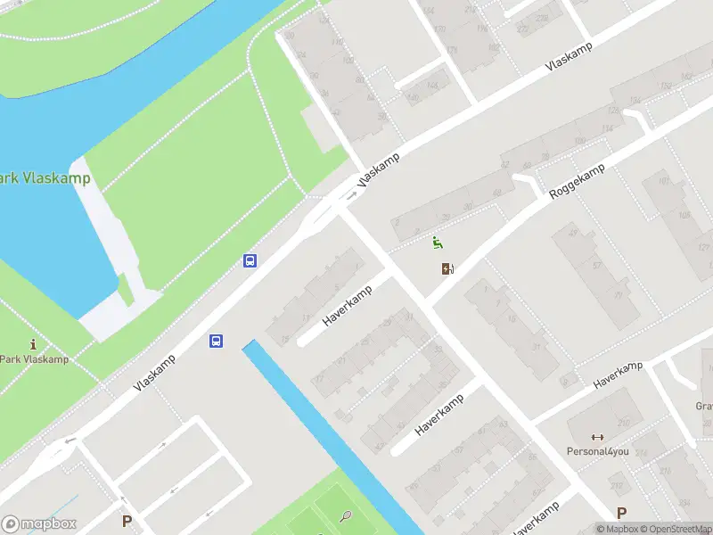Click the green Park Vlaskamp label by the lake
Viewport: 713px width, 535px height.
coord(45,178)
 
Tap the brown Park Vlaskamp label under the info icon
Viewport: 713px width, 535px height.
coord(34,360)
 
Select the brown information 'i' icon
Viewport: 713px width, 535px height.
coord(34,344)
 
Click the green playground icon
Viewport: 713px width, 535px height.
coord(437,242)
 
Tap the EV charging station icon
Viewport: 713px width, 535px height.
coord(447,268)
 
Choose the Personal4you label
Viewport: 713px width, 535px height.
coord(598,451)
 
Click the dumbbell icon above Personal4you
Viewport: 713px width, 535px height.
coord(598,437)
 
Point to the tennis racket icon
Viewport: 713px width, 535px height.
coord(346,514)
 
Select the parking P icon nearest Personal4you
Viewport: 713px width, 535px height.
coord(621,513)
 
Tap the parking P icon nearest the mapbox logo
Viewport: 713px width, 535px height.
coord(127,520)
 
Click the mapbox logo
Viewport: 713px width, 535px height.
coord(39,524)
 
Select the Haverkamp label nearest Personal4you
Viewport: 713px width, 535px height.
coord(618,375)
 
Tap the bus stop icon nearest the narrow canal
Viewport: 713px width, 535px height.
coord(216,341)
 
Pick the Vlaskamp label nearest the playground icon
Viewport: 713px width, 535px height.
coord(379,169)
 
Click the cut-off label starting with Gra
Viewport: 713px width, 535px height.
coord(704,407)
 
